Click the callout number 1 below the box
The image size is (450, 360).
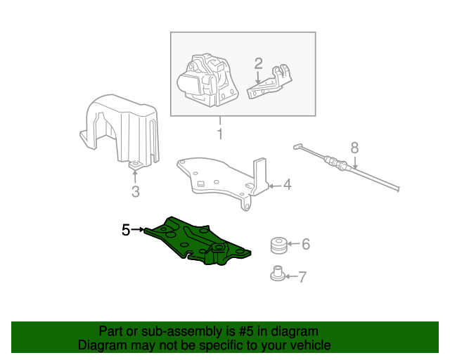[x=220, y=134]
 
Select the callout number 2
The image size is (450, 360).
[x=258, y=64]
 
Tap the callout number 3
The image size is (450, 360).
[x=136, y=191]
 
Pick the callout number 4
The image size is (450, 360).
[x=288, y=185]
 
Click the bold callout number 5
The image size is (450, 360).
[x=126, y=230]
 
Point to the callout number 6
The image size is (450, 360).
[x=306, y=244]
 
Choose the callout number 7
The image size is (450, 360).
[x=302, y=277]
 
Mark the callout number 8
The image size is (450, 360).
[x=354, y=148]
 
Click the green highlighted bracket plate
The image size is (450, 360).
[x=198, y=242]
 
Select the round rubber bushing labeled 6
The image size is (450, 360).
[x=279, y=245]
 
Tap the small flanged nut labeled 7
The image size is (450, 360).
[x=278, y=274]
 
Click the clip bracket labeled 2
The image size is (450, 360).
[x=269, y=82]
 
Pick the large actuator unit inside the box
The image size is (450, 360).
[x=208, y=80]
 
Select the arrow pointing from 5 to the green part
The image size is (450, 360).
[x=137, y=230]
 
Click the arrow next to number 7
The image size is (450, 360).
[x=292, y=277]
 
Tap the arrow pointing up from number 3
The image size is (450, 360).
[x=135, y=176]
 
